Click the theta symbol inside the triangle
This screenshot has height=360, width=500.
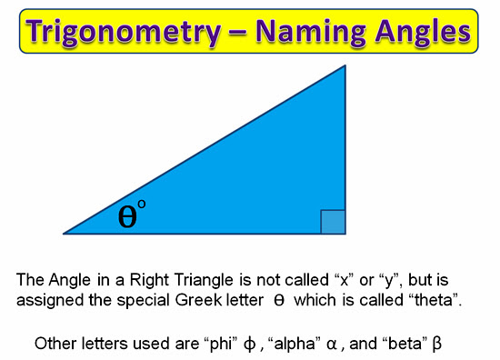[128, 217]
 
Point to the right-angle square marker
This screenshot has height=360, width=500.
[333, 222]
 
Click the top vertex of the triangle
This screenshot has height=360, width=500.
[345, 66]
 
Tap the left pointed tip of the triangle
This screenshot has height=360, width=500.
[65, 233]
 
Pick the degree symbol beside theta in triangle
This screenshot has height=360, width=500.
[142, 205]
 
